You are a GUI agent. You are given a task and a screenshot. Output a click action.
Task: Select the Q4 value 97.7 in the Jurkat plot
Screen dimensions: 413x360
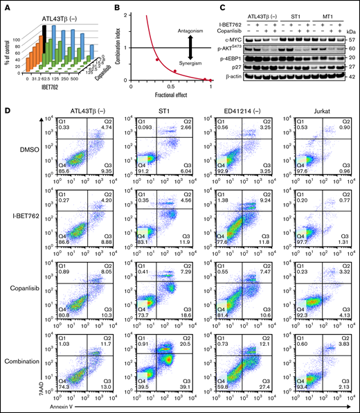[280, 254]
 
